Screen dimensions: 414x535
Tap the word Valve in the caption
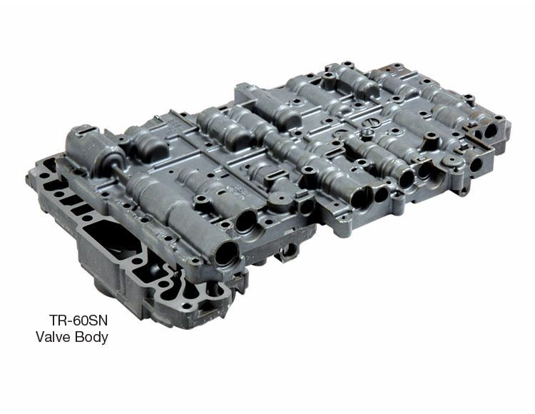tap(53, 337)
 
